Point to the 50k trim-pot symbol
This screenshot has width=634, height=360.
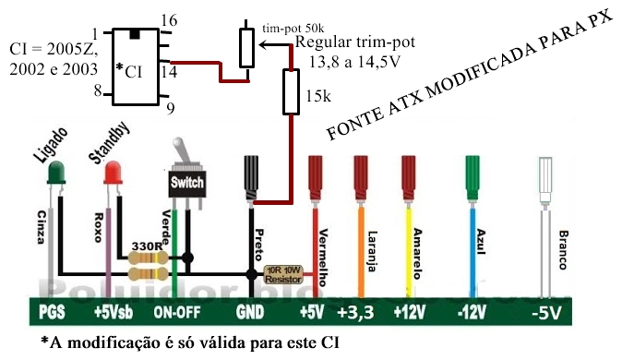coord(246,47)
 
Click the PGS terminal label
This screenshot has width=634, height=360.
coord(52,312)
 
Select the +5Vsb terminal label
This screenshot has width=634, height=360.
coord(114,312)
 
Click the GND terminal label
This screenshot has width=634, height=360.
coord(252,312)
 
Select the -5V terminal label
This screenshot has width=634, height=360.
coord(546,312)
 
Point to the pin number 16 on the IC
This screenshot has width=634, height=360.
coord(168,20)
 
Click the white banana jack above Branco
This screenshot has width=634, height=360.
coord(544,183)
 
